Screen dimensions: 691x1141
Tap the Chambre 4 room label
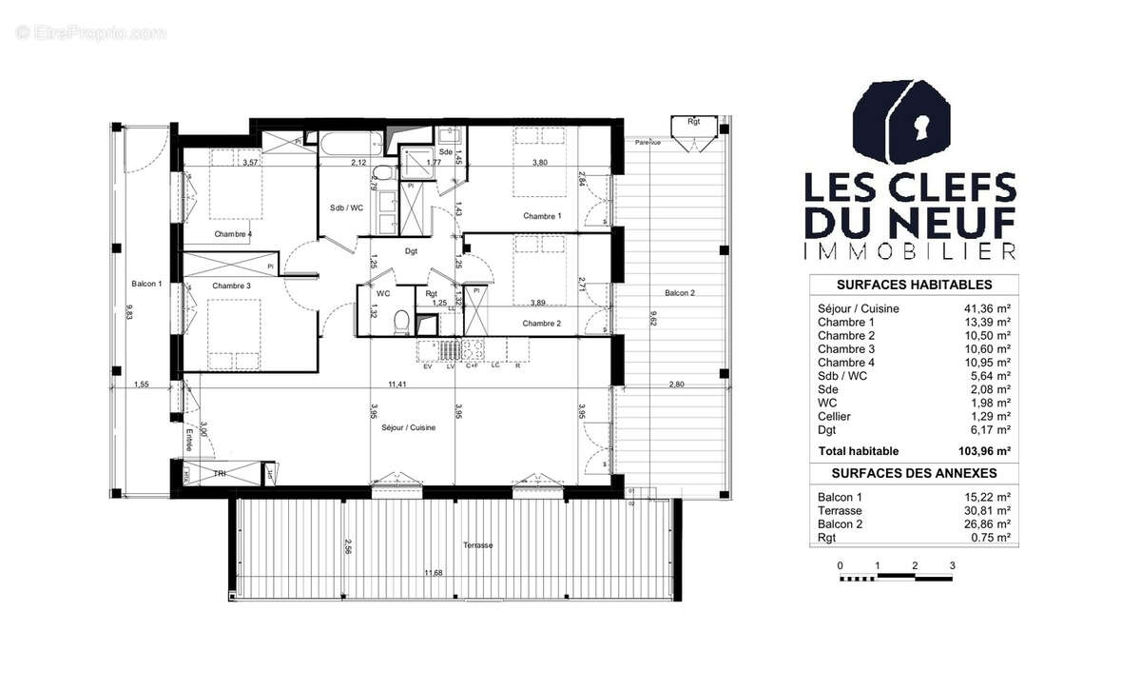tap(232, 234)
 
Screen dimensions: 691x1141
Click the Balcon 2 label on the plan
tap(679, 292)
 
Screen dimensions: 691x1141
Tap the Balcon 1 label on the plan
tap(147, 284)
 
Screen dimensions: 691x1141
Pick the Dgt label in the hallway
tap(411, 251)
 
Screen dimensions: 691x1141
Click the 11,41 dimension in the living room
tap(396, 385)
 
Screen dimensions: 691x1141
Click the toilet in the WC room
tap(401, 322)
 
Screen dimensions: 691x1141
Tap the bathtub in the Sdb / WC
tap(351, 146)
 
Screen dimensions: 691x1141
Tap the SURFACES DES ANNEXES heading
tap(913, 473)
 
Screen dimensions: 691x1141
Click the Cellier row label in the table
tap(834, 416)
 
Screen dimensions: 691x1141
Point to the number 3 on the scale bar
tap(952, 565)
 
